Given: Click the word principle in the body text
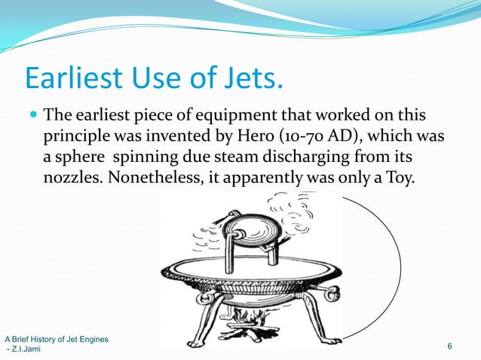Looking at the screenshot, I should pos(75,139).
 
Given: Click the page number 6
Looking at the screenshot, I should pos(450,346).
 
